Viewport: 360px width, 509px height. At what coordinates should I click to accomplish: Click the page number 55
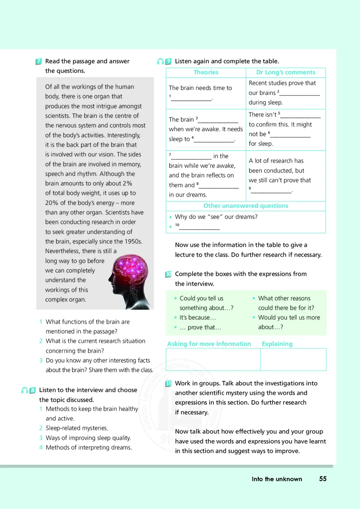pyautogui.click(x=323, y=479)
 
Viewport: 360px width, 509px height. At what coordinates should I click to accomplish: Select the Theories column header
pyautogui.click(x=206, y=72)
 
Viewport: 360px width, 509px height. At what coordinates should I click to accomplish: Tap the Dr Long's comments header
pyautogui.click(x=286, y=72)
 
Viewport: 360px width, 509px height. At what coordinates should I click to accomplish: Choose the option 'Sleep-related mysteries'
pyautogui.click(x=77, y=428)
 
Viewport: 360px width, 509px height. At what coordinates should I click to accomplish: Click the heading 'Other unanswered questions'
pyautogui.click(x=246, y=206)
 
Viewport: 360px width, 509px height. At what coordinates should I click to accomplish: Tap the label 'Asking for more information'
pyautogui.click(x=209, y=344)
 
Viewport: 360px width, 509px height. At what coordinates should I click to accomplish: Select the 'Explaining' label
pyautogui.click(x=277, y=344)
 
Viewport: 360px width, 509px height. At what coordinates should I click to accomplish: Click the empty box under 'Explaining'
pyautogui.click(x=293, y=359)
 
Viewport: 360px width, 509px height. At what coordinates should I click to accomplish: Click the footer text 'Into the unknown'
pyautogui.click(x=277, y=479)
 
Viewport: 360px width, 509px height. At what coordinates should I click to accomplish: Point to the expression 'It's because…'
pyautogui.click(x=195, y=318)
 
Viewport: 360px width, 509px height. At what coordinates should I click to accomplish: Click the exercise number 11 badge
pyautogui.click(x=168, y=384)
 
